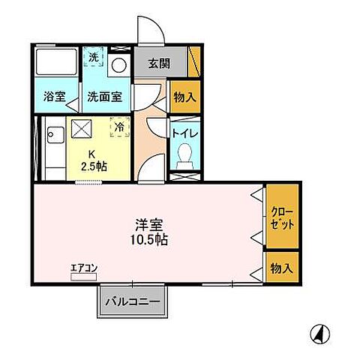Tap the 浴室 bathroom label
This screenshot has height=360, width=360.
point(53,96)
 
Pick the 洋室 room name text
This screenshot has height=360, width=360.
point(148,224)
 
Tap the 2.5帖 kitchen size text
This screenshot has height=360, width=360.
point(94,166)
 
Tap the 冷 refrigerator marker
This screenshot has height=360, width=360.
point(118,127)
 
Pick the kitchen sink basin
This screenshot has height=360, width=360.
point(54,136)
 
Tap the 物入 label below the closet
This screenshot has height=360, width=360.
point(281,268)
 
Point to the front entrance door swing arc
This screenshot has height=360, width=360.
point(150,26)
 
